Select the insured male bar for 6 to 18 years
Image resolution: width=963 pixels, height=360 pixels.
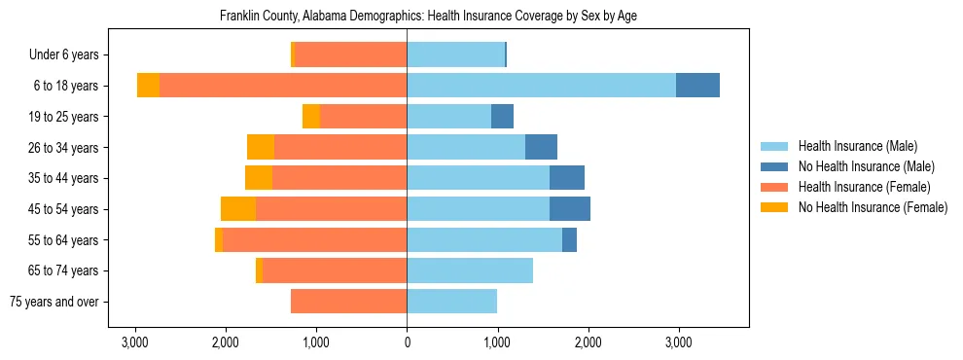(541, 86)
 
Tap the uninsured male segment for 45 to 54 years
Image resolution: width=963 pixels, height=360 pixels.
(570, 209)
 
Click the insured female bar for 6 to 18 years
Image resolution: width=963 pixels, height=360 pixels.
(283, 86)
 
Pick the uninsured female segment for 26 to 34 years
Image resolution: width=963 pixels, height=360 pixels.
(261, 147)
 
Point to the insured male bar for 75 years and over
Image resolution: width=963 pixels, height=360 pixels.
(451, 302)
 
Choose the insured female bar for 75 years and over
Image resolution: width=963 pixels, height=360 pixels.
(348, 302)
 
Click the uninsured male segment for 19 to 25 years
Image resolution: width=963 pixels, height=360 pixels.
(502, 117)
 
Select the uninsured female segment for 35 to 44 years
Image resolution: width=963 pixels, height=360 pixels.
(259, 178)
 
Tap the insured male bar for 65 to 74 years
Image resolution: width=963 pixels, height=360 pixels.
(470, 270)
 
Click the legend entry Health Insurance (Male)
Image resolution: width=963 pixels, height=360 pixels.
(857, 146)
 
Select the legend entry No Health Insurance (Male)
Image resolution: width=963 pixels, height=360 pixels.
(866, 166)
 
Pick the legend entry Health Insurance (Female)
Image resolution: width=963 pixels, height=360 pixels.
(864, 187)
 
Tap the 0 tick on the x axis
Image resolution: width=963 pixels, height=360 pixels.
(407, 342)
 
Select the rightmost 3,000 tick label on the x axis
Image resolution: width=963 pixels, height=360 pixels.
(678, 342)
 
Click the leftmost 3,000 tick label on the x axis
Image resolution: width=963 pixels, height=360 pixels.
(134, 342)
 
